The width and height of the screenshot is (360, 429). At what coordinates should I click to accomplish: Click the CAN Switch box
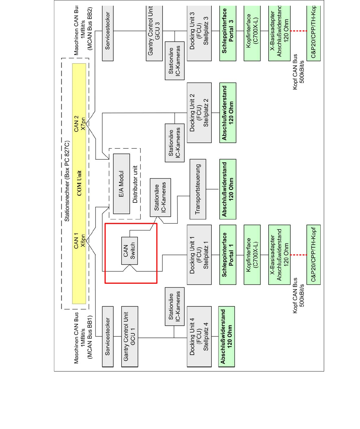[x=130, y=251]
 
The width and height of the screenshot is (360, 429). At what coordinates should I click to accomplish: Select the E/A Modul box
[x=122, y=184]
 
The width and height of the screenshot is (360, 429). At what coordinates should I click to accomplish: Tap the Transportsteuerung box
[x=198, y=189]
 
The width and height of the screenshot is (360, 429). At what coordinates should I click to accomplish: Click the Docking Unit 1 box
[x=199, y=255]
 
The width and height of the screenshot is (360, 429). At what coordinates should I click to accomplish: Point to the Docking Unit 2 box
[x=199, y=112]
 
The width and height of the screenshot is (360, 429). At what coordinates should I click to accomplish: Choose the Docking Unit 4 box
[x=199, y=337]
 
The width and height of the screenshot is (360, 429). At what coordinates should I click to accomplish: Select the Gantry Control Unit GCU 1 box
[x=130, y=337]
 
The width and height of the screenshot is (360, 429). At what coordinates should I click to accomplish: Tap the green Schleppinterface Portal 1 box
[x=228, y=255]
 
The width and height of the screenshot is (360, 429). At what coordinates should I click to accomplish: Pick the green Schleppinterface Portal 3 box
[x=228, y=31]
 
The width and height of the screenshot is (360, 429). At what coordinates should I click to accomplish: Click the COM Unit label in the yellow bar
[x=79, y=183]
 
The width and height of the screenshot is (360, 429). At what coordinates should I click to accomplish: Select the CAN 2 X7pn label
[x=79, y=123]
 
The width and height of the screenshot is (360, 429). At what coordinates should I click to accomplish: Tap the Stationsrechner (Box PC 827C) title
[x=67, y=181]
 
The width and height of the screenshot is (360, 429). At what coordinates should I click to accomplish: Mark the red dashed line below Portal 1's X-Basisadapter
[x=298, y=255]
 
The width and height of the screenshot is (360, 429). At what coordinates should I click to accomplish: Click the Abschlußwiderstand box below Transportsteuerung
[x=228, y=189]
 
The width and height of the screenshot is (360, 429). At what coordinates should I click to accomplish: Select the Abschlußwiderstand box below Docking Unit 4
[x=226, y=337]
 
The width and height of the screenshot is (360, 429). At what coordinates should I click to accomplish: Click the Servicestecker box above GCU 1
[x=108, y=337]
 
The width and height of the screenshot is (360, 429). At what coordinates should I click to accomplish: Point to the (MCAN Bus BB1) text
[x=90, y=337]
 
